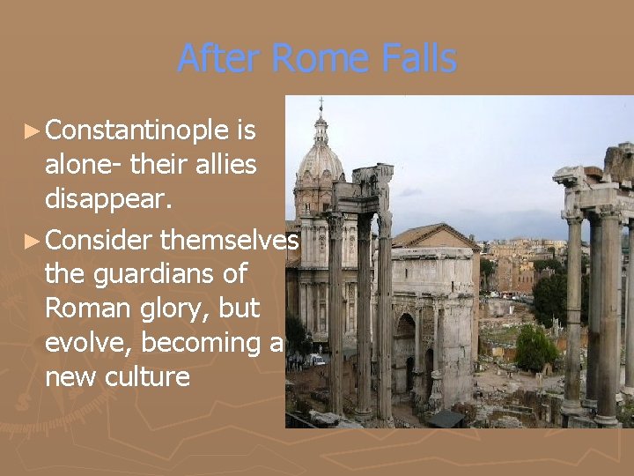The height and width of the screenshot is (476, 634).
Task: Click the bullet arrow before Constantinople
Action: (32, 131)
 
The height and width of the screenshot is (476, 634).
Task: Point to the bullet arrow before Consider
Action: (32, 240)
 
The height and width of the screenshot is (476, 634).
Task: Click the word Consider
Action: (100, 239)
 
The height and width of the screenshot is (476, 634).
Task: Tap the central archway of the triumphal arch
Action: (405, 353)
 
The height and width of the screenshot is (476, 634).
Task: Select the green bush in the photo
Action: (536, 348)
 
